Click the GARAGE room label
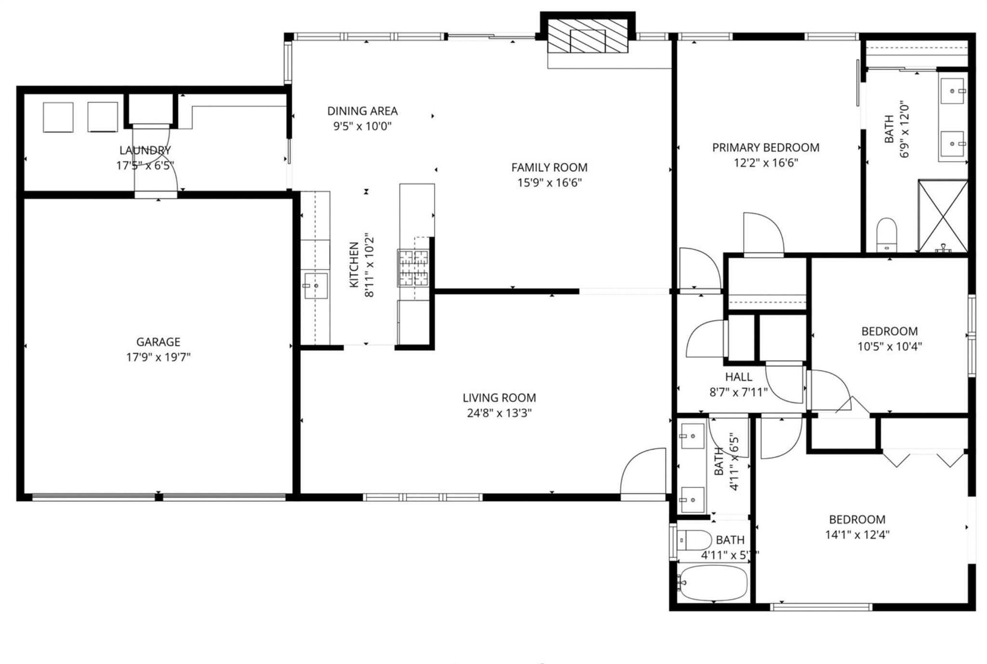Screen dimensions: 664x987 tap(158, 342)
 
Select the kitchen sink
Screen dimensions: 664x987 tap(316, 286)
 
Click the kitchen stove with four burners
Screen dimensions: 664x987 tap(413, 268)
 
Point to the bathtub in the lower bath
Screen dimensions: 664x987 tap(712, 583)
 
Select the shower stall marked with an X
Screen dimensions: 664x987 tap(943, 216)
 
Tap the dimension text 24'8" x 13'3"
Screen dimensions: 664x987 tap(499, 413)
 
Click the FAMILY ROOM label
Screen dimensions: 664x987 tap(549, 168)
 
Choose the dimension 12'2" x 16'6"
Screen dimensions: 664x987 tap(765, 163)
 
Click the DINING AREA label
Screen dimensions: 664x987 tap(362, 111)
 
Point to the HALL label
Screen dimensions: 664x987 tap(738, 377)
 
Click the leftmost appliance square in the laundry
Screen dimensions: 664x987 tap(58, 117)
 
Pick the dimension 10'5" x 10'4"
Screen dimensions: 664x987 tap(889, 346)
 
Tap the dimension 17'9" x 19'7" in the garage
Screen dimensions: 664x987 tap(158, 357)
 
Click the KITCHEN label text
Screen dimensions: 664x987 tap(354, 265)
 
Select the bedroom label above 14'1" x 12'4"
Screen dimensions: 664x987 tap(857, 520)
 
